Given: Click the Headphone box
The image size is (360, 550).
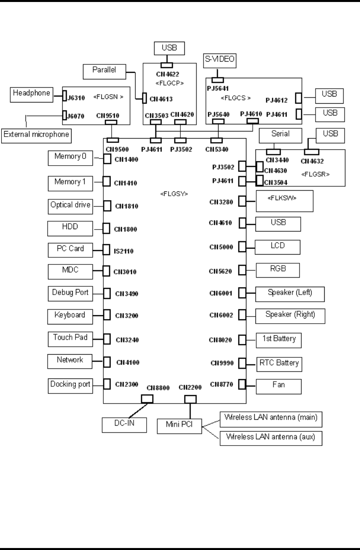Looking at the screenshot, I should pyautogui.click(x=31, y=95).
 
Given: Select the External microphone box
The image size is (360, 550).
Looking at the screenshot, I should pyautogui.click(x=36, y=135).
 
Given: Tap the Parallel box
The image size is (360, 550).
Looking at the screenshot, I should pyautogui.click(x=104, y=71).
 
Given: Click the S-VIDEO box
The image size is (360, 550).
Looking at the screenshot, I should pyautogui.click(x=219, y=60).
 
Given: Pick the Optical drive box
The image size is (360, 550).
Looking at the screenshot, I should pyautogui.click(x=70, y=206).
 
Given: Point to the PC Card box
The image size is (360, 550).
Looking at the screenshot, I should pyautogui.click(x=70, y=249).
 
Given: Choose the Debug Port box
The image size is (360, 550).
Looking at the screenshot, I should pyautogui.click(x=70, y=293).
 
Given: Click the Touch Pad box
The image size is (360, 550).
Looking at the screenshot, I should pyautogui.click(x=70, y=338).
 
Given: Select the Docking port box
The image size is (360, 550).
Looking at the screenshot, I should pyautogui.click(x=70, y=385).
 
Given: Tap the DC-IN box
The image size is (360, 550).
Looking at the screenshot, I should pyautogui.click(x=124, y=424).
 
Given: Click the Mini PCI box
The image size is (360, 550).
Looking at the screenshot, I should pyautogui.click(x=179, y=425).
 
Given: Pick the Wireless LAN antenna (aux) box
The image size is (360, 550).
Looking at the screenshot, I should pyautogui.click(x=271, y=438).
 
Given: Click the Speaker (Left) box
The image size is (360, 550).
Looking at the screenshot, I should pyautogui.click(x=290, y=293).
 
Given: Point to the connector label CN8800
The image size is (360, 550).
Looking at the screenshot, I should pyautogui.click(x=158, y=388).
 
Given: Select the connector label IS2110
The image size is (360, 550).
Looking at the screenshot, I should pyautogui.click(x=124, y=251).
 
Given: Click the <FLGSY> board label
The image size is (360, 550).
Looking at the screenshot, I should pyautogui.click(x=174, y=194).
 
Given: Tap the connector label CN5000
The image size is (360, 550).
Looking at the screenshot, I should pyautogui.click(x=221, y=247).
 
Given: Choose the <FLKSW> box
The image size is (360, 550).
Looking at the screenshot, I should pyautogui.click(x=284, y=201).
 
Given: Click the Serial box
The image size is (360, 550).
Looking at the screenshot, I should pyautogui.click(x=281, y=135).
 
